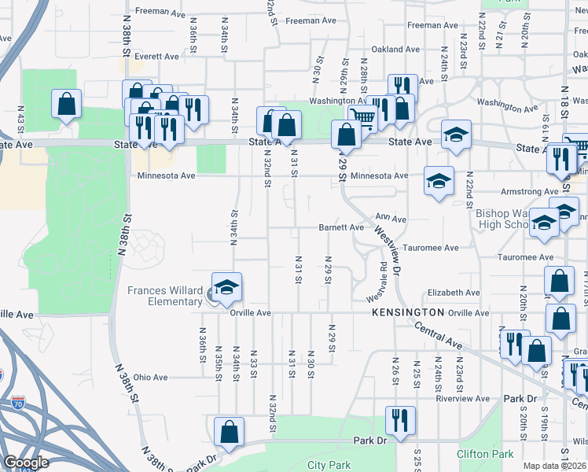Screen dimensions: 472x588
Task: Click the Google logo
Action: (27, 463)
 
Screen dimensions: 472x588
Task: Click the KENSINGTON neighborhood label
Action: (408, 313)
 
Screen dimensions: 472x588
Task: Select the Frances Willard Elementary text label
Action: (165, 296)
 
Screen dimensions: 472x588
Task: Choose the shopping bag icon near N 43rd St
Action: (67, 104)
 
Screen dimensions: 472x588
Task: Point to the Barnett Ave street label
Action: (341, 227)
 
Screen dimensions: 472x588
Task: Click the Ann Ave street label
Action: (391, 217)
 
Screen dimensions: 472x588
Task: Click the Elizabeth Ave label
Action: (454, 293)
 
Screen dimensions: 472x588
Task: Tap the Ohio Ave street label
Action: (150, 378)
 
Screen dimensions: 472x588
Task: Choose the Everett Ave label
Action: (156, 57)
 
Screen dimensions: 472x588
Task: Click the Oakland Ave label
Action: (395, 49)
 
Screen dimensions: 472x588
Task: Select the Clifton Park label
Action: (485, 454)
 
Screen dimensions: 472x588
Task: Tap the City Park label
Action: (329, 465)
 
